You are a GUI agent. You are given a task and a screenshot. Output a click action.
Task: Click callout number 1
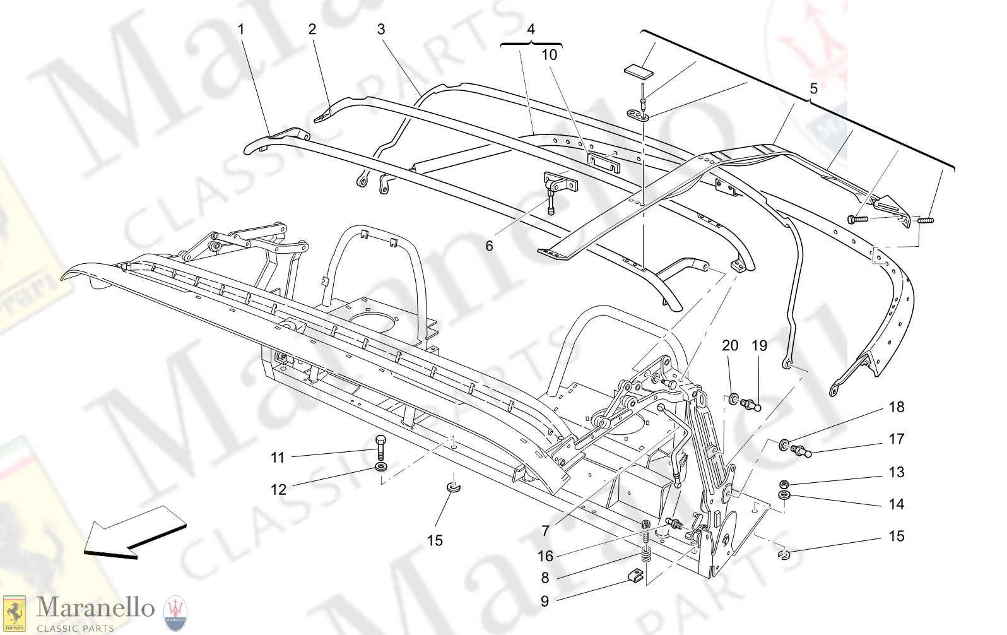(x=240, y=29)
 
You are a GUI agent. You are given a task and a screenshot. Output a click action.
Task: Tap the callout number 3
(x=381, y=29)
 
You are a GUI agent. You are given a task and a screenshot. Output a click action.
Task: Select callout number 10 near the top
(x=550, y=55)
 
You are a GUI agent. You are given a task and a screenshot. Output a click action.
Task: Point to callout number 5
(x=813, y=89)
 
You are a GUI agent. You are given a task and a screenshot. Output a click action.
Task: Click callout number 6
(x=489, y=246)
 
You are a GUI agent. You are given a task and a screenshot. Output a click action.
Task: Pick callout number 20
(x=730, y=345)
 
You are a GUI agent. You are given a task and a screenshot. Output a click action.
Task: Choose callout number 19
(x=760, y=345)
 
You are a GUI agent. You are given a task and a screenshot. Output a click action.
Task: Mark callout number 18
(x=897, y=407)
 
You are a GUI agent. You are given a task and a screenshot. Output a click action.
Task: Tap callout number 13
(x=897, y=472)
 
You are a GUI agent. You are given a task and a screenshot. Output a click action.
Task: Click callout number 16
(x=545, y=556)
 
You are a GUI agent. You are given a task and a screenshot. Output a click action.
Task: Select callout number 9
(x=545, y=601)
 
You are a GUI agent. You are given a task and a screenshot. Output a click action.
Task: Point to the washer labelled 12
(x=380, y=467)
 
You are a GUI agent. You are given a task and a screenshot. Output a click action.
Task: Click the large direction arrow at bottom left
(x=132, y=532)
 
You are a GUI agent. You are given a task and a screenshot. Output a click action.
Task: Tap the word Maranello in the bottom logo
(x=95, y=608)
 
